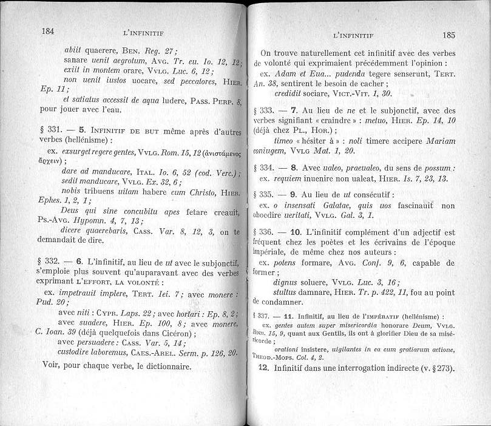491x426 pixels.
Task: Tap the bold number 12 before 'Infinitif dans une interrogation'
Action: [264, 368]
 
